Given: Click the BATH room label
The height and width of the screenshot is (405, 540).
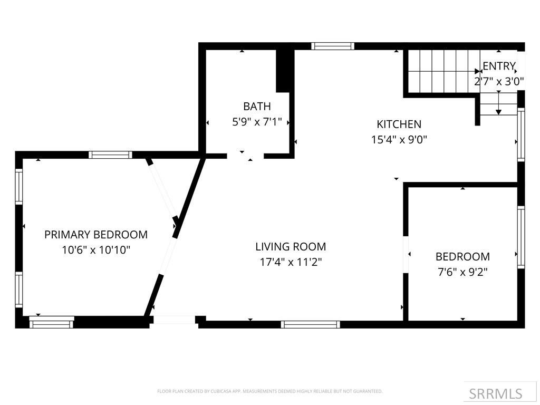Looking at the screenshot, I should pos(257,107).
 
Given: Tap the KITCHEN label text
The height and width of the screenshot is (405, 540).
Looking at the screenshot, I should pos(399,124).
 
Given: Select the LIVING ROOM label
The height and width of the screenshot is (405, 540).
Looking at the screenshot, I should pos(291,246).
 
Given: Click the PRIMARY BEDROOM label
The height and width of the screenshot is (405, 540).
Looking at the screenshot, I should pos(96,235).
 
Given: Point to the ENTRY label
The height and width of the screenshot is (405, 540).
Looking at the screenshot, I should pos(499,66).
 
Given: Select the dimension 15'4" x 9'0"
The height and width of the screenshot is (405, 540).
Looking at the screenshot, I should pos(399,140).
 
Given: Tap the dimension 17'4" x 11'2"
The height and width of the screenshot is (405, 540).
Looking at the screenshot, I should pos(291,262).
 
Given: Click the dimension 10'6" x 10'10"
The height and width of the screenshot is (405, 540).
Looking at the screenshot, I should pos(96,250).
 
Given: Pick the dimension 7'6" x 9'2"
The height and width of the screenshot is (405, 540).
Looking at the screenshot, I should pos(462,272).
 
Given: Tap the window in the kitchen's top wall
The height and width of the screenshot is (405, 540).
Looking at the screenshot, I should pos(332,46).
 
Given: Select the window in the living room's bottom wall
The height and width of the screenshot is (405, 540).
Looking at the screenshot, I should pos(310,324).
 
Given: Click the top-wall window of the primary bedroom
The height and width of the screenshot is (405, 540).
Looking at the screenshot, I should pos(110,155).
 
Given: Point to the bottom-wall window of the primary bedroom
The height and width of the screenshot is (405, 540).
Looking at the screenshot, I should pos(52,322).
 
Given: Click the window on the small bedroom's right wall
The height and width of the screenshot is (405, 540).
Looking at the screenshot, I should pos(521,237).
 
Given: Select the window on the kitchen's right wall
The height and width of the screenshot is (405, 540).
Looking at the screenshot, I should pos(521,134).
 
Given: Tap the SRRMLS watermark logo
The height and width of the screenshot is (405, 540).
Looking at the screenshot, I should pos(495,393).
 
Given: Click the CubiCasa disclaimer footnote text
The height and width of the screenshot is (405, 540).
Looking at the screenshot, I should pos(269,391).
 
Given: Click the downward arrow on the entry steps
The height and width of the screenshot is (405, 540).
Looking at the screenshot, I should pos(498,106).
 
